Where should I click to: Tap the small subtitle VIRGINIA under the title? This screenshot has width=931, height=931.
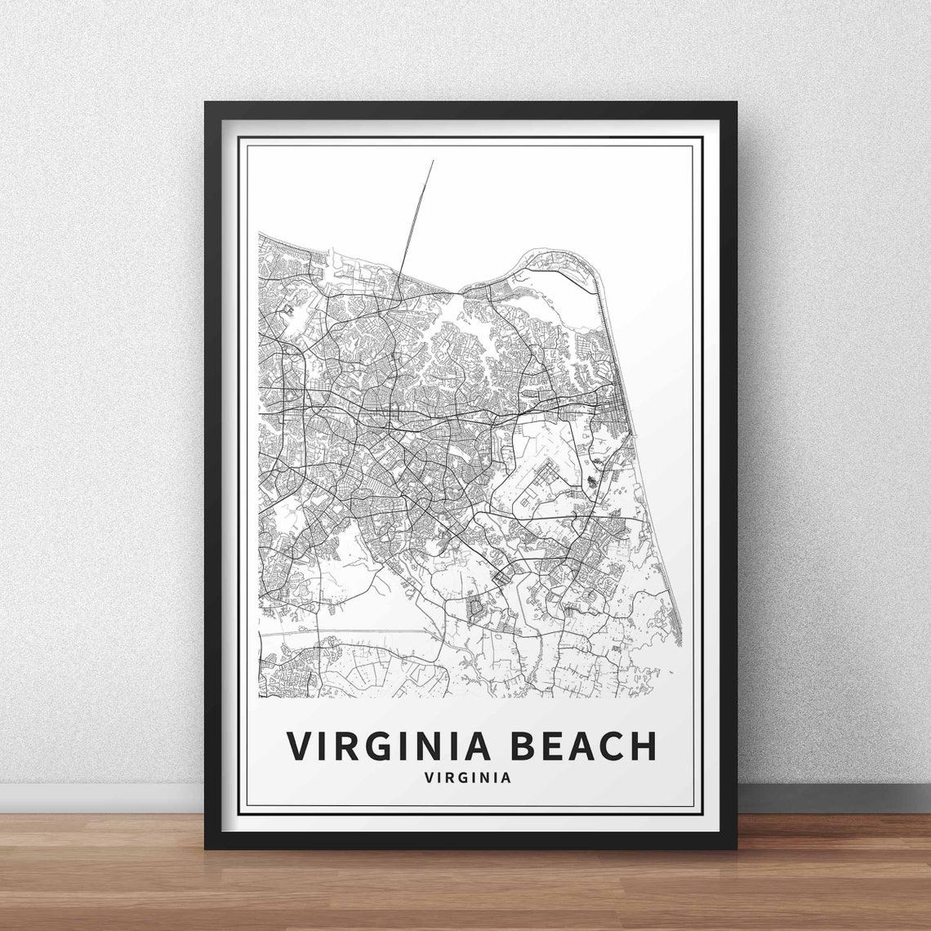pyautogui.click(x=468, y=778)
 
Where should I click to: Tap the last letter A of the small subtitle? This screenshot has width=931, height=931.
pyautogui.click(x=507, y=778)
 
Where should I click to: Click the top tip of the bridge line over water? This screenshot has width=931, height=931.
pyautogui.click(x=433, y=161)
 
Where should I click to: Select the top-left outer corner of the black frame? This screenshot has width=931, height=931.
pyautogui.click(x=205, y=102)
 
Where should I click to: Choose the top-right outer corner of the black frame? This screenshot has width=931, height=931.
pyautogui.click(x=737, y=102)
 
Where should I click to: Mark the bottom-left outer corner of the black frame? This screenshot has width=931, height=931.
pyautogui.click(x=205, y=849)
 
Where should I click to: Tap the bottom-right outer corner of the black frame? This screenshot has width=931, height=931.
pyautogui.click(x=737, y=849)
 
